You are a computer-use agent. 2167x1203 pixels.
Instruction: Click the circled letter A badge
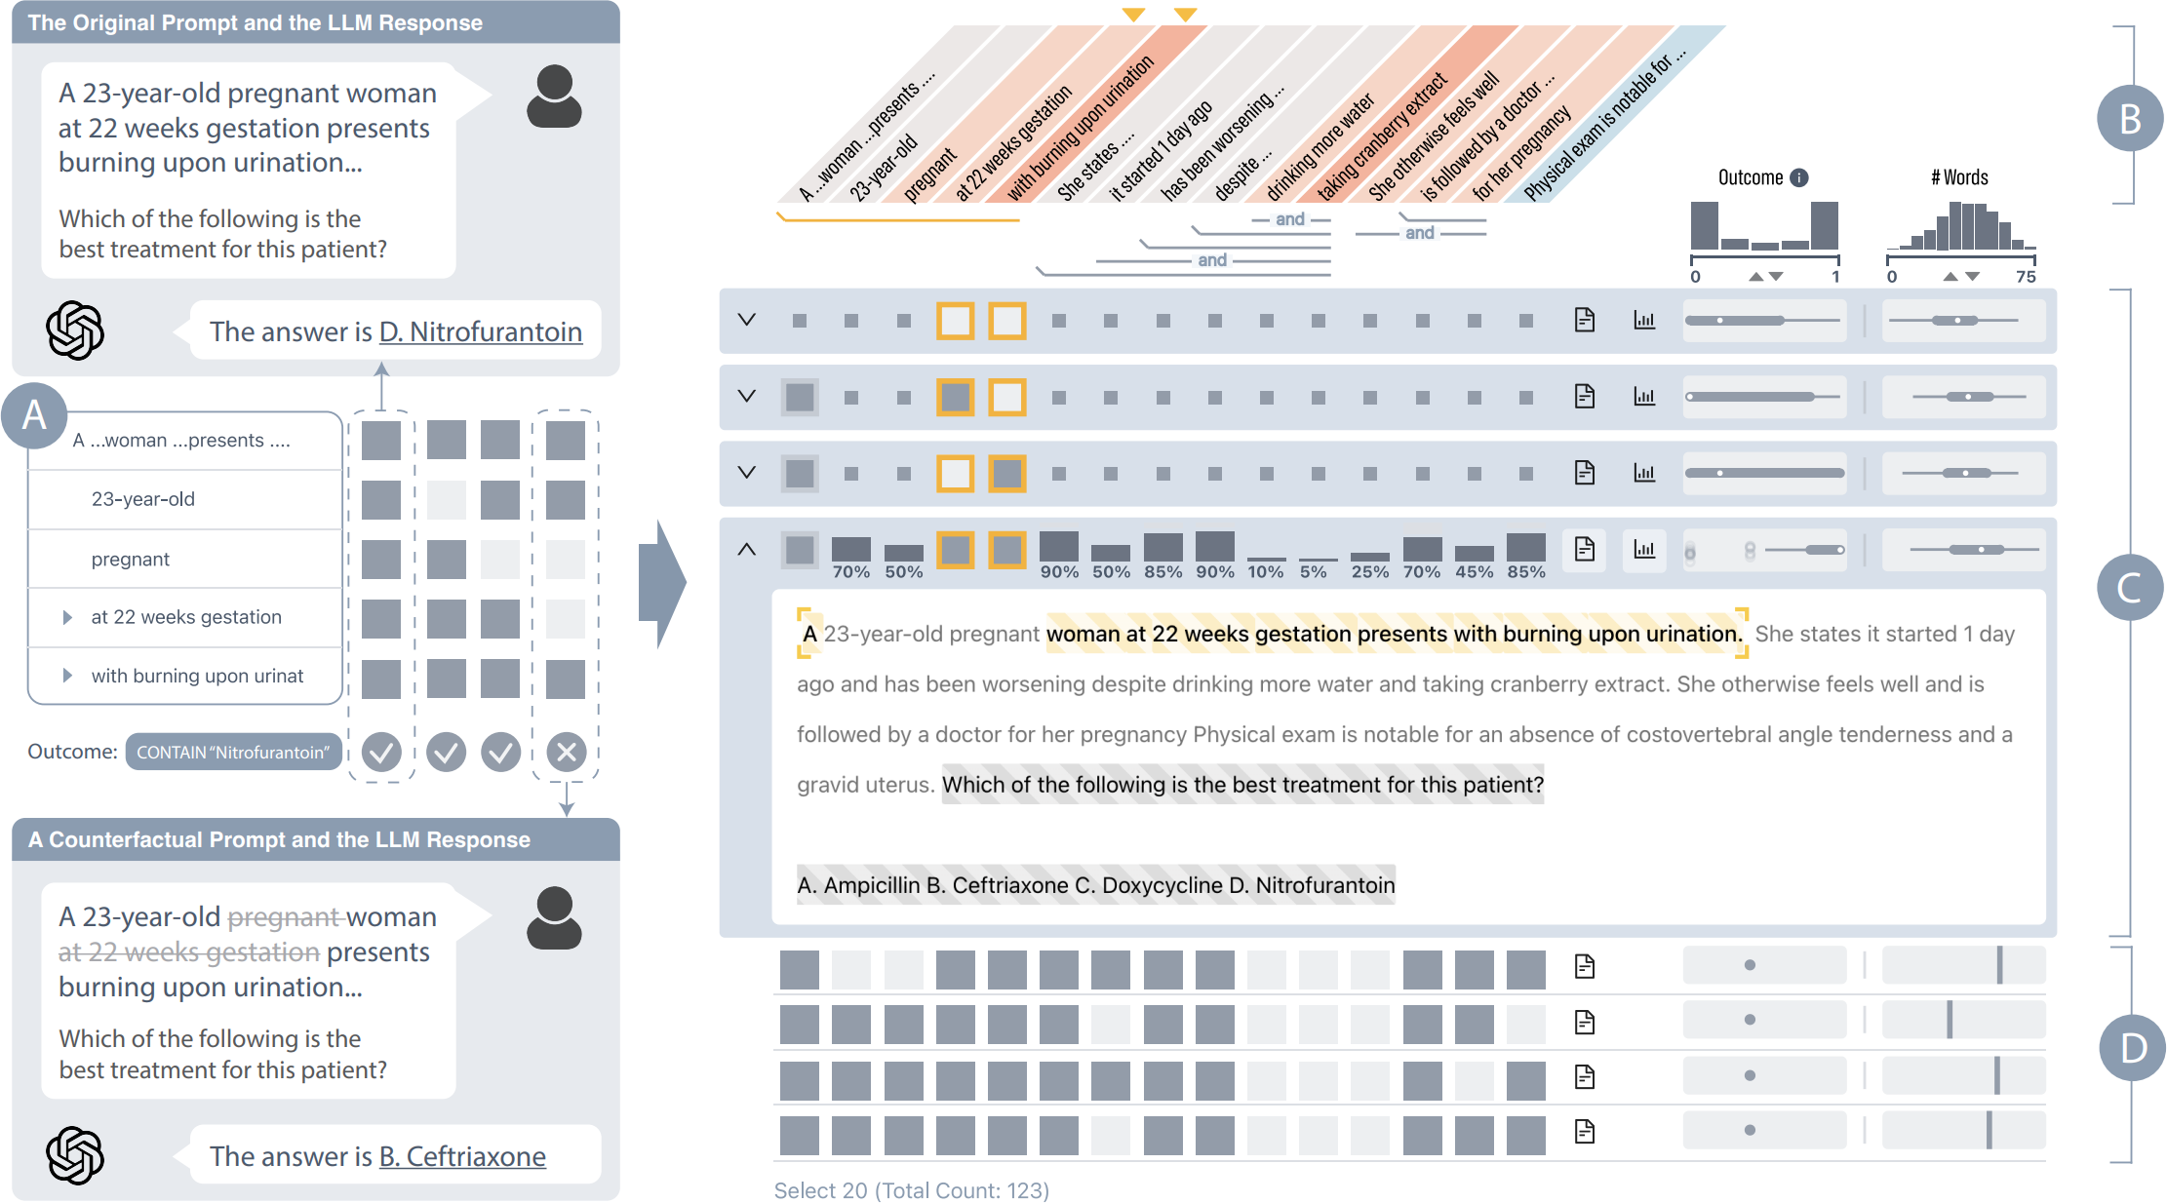[x=34, y=415]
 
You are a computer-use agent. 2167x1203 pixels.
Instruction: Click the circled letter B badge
[x=2130, y=118]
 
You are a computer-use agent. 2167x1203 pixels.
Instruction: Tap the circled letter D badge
[x=2132, y=1048]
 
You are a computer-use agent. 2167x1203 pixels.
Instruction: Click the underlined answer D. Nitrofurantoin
[x=480, y=331]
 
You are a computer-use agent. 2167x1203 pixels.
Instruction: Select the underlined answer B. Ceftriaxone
[x=461, y=1156]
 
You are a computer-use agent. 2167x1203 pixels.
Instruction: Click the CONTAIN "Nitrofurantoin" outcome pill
[x=233, y=752]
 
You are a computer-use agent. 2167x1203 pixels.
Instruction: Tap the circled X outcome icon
[x=566, y=752]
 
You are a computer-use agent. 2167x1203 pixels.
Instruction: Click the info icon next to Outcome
[x=1799, y=177]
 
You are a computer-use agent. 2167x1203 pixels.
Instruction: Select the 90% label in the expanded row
[x=1059, y=572]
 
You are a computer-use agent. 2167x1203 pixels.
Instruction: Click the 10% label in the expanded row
[x=1266, y=572]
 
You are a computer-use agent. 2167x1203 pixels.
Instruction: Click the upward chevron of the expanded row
[x=747, y=550]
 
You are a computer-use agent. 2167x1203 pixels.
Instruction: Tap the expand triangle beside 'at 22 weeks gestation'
[x=67, y=617]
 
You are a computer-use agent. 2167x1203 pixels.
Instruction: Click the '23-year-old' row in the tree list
[x=143, y=499]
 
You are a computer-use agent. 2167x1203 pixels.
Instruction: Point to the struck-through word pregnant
[x=283, y=917]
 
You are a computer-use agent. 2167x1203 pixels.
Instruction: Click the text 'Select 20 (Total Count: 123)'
[x=911, y=1190]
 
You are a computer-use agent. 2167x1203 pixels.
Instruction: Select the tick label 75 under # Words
[x=2026, y=277]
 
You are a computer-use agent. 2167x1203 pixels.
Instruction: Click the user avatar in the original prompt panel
[x=554, y=97]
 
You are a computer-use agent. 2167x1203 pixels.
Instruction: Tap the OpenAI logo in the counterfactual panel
[x=75, y=1155]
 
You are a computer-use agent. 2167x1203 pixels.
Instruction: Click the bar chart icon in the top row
[x=1644, y=320]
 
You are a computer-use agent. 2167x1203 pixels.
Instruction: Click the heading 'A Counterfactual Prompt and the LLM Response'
[x=279, y=839]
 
